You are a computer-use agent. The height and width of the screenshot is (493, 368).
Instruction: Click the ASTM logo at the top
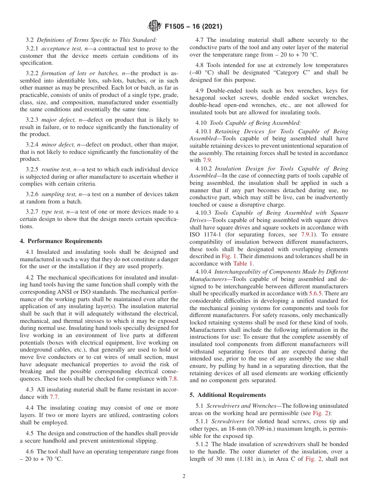click(x=155, y=26)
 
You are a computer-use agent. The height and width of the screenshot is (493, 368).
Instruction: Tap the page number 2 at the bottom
click(x=184, y=476)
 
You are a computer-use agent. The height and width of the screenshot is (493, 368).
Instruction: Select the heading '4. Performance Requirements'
click(x=61, y=241)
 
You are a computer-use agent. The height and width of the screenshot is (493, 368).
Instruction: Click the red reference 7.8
click(x=173, y=379)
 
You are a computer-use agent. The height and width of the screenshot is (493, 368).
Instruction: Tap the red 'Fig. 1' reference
click(x=229, y=256)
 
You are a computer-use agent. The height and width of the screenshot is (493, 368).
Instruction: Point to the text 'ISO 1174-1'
click(x=204, y=234)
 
